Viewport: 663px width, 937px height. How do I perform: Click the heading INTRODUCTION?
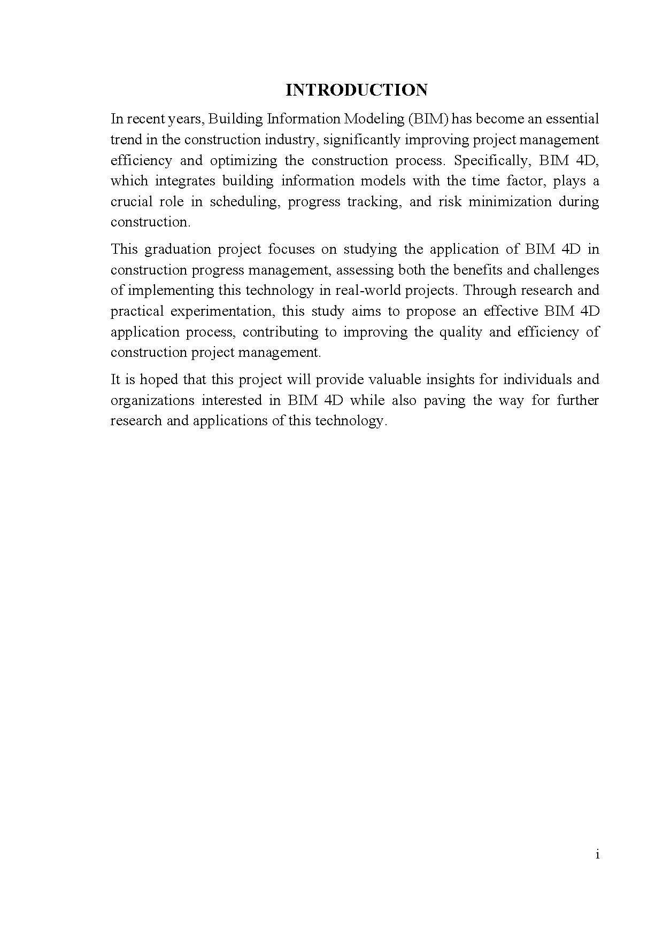click(x=357, y=90)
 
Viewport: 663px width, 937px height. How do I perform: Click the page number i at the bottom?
click(x=597, y=855)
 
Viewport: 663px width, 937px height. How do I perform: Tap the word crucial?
click(x=130, y=202)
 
